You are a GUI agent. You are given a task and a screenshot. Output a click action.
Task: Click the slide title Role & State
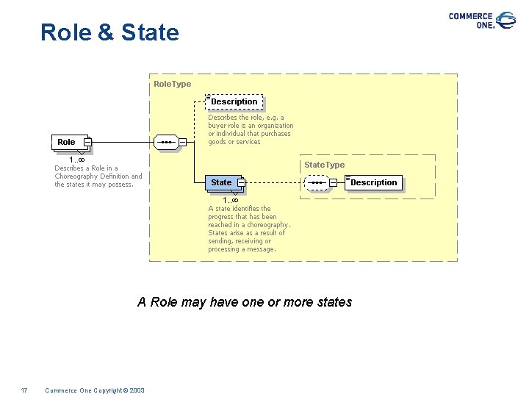(109, 32)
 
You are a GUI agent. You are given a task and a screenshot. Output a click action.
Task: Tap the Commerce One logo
(482, 20)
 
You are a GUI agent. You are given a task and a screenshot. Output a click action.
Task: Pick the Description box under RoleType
(234, 101)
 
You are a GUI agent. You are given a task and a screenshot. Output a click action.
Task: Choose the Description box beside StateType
(373, 182)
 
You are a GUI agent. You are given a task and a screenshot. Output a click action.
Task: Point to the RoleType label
(172, 84)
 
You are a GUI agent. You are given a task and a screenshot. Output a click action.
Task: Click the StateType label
(324, 165)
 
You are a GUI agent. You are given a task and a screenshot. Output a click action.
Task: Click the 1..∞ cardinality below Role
(76, 160)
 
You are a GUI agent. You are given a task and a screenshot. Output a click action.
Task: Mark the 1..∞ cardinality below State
(231, 200)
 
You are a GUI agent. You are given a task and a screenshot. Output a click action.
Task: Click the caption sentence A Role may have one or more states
(245, 302)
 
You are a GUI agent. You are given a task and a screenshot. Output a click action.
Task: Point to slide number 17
(24, 390)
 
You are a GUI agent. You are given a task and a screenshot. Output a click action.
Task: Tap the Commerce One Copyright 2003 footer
(95, 390)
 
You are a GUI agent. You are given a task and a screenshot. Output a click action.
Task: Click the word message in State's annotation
(262, 249)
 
